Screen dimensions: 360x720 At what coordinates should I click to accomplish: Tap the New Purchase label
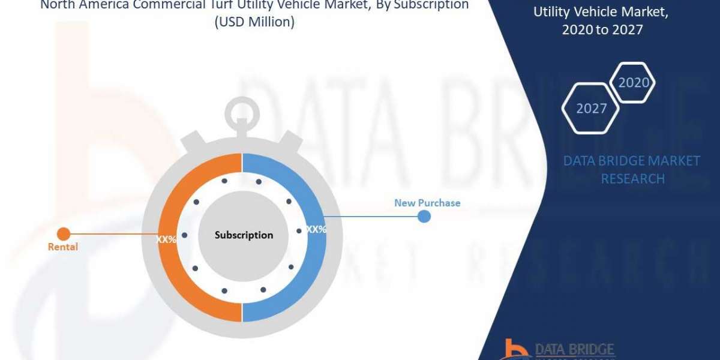427,203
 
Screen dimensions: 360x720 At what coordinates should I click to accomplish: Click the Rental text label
63,247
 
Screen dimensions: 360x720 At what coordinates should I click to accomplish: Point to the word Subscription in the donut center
244,235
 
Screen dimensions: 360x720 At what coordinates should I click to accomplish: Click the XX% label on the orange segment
166,239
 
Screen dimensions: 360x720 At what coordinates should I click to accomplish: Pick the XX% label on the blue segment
316,229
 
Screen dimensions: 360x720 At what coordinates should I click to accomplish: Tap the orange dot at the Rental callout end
63,233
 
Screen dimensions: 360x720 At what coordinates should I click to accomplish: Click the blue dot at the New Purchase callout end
424,217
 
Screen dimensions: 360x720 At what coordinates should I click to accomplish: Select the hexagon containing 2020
632,83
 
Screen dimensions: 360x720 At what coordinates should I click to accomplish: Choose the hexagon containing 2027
591,109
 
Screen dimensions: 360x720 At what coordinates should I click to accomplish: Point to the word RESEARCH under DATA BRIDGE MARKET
632,179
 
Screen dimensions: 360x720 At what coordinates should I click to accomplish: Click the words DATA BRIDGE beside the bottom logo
574,349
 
